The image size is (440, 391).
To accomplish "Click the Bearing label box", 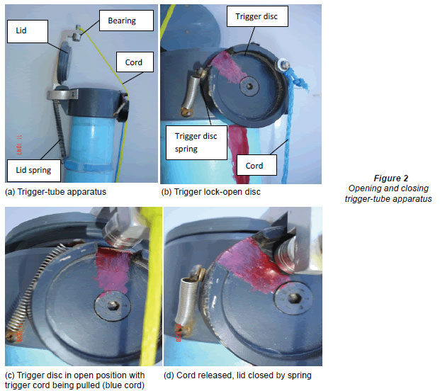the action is (127, 21).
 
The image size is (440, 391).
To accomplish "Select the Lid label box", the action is (28, 31).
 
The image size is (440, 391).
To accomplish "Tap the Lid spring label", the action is (34, 171).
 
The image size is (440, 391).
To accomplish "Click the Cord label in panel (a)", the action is (135, 62).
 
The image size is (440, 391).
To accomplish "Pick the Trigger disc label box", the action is (257, 16).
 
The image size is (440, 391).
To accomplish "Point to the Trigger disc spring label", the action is (196, 142).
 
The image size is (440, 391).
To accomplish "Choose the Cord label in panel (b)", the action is (256, 166).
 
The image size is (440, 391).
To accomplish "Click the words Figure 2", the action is (391, 178).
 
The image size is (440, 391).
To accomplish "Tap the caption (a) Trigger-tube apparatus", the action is (55, 192).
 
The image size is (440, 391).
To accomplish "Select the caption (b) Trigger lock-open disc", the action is (210, 192).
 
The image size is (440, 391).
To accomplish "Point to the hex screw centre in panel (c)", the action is (113, 305).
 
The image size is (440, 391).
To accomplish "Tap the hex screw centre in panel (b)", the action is (249, 86).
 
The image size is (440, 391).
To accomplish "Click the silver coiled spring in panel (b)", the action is (193, 93).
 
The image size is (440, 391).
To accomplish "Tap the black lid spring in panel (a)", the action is (60, 129).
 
